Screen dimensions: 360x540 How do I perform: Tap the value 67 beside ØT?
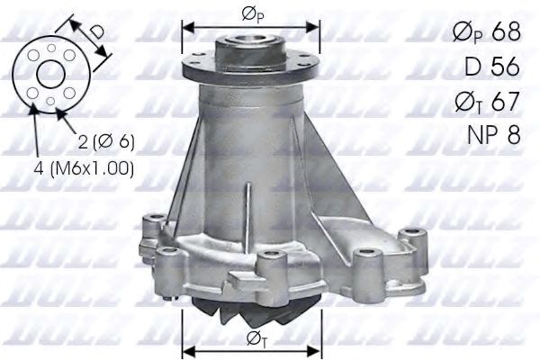(507, 101)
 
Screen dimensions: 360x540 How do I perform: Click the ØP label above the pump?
(251, 14)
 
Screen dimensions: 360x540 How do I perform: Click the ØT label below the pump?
(251, 337)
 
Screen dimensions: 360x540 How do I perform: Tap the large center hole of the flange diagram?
(50, 75)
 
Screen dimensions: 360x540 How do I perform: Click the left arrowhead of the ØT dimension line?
(186, 349)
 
